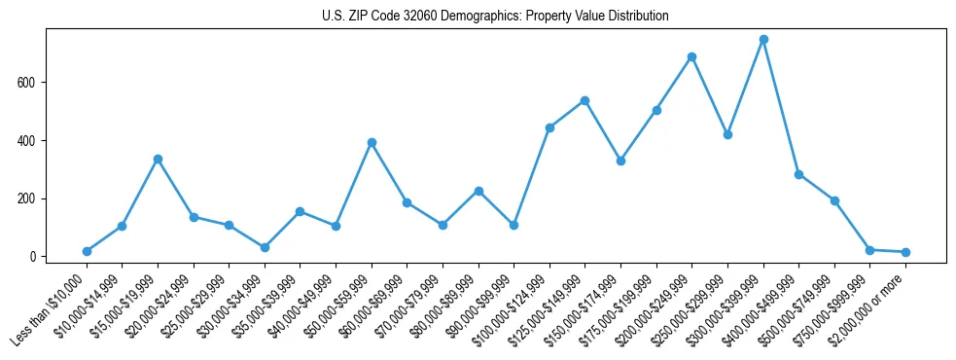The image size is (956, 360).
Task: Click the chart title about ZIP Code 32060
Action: [495, 17]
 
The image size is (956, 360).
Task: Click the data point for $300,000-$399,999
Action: [763, 40]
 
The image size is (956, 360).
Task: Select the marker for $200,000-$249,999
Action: [691, 57]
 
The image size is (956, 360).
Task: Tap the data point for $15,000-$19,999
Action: [158, 159]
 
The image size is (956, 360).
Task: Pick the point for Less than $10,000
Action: [87, 251]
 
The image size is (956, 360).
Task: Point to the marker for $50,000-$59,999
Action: [372, 142]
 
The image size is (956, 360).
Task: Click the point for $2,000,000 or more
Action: [905, 252]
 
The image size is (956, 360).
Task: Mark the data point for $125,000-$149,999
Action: [584, 100]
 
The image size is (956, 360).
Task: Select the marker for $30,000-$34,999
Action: [265, 247]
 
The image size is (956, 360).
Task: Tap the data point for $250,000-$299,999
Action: [727, 134]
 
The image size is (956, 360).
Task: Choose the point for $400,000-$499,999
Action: [798, 174]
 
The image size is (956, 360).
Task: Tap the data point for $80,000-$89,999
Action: [478, 191]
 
